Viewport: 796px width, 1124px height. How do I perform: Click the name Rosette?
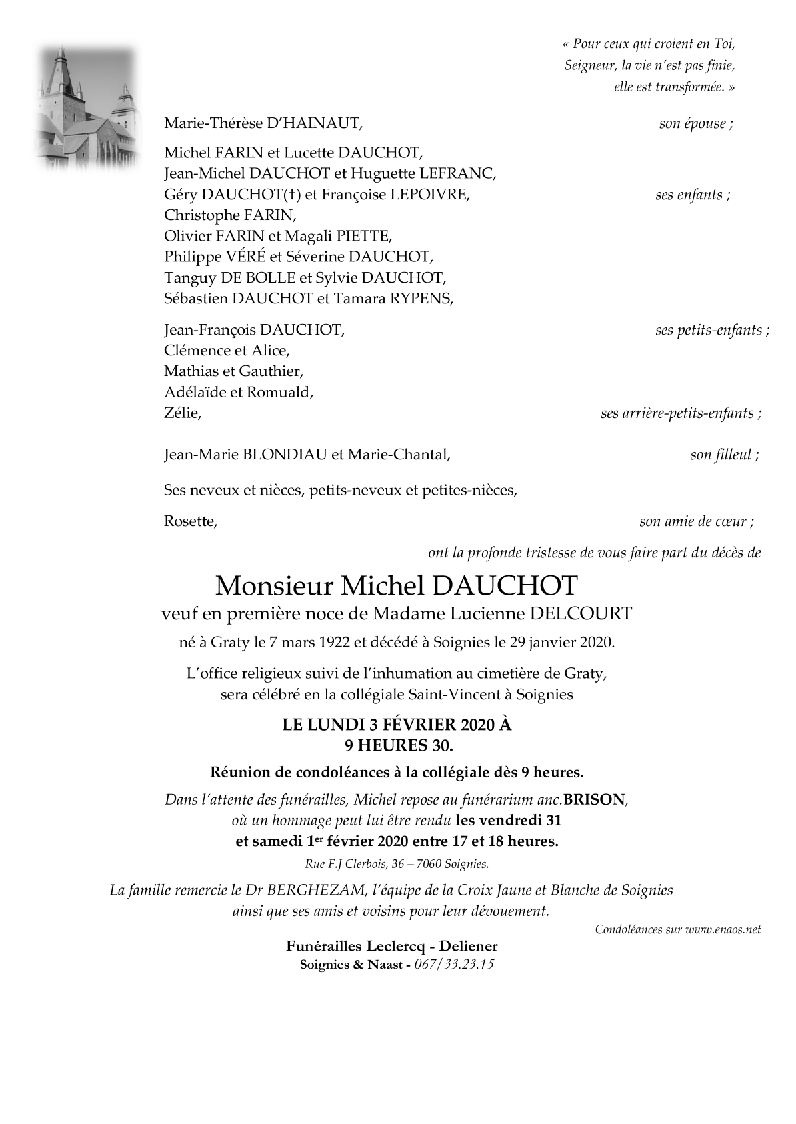[x=191, y=521]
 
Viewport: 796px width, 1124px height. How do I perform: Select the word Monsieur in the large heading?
[x=274, y=585]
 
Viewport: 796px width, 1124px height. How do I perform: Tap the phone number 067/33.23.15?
[x=454, y=965]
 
